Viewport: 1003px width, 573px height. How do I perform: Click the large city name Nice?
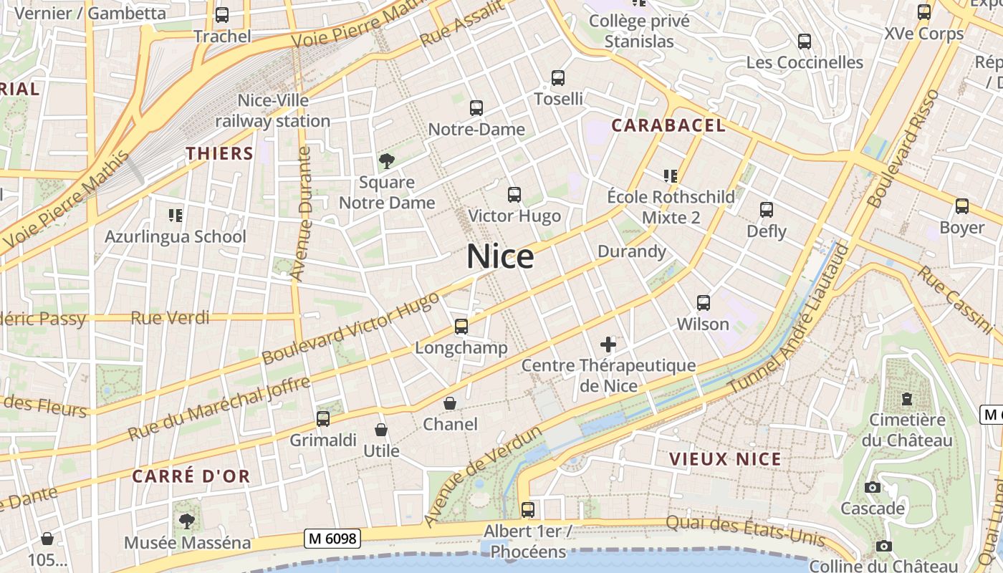pos(500,257)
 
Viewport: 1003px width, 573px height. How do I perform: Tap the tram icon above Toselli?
pos(558,78)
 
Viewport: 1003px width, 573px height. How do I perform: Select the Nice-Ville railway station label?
pos(273,110)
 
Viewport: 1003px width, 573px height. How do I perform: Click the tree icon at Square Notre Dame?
pos(387,161)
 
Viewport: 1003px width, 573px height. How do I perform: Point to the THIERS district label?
pos(220,153)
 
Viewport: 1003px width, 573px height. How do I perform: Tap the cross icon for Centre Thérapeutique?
pos(608,345)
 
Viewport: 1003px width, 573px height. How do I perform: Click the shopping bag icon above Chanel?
pos(450,403)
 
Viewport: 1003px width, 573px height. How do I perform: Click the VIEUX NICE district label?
pos(725,459)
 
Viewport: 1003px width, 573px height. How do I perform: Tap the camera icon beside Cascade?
pos(873,488)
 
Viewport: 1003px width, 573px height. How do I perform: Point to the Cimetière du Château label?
pos(907,430)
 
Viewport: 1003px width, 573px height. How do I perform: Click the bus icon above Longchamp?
pos(461,327)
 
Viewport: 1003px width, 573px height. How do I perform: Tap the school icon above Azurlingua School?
pos(176,215)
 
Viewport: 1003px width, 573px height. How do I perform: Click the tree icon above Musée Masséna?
pos(187,521)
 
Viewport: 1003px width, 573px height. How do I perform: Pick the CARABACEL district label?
pos(668,126)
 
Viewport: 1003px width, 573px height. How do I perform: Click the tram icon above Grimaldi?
pos(323,419)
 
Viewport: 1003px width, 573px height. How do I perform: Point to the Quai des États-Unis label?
pos(746,531)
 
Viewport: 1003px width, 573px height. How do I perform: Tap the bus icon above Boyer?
pos(962,206)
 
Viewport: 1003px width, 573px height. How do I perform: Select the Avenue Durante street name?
pos(302,214)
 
